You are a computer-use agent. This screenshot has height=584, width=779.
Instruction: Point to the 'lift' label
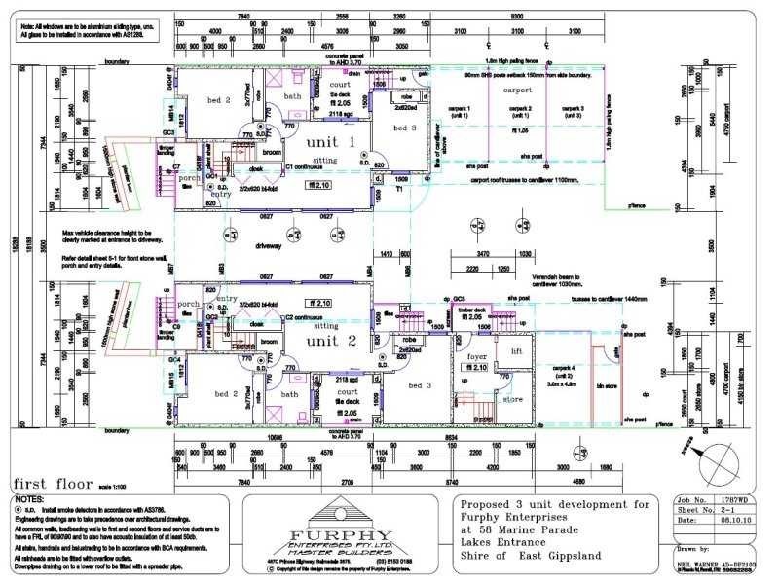click(x=517, y=350)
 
